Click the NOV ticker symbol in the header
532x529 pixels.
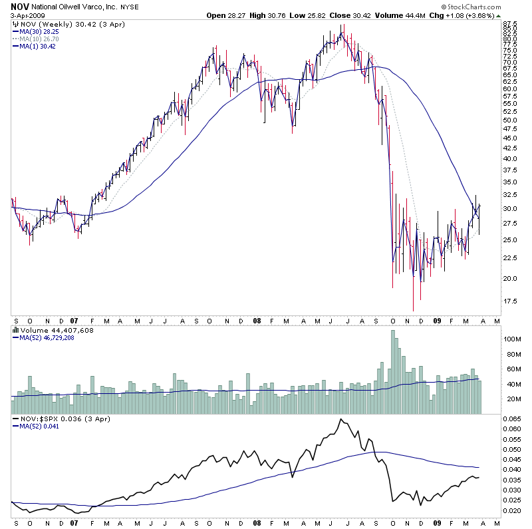coord(18,6)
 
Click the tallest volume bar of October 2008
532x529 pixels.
coord(393,372)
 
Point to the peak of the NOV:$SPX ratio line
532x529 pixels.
coord(341,419)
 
